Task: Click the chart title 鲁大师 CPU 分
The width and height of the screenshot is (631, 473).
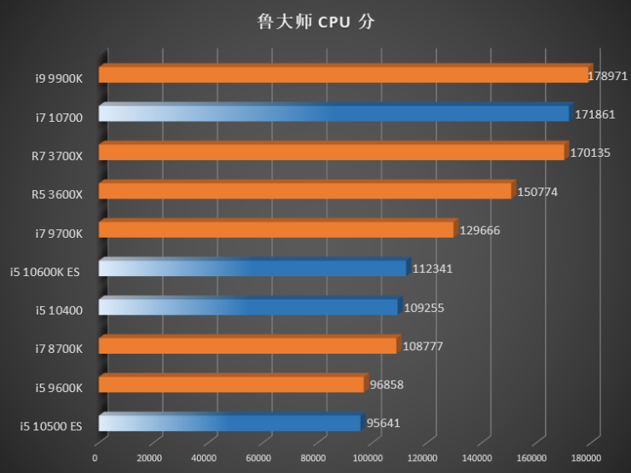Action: pos(315,22)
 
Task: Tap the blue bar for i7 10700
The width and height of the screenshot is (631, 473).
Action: pos(333,114)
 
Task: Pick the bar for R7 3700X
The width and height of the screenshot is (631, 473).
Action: pos(332,153)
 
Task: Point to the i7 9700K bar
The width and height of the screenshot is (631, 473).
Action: pos(276,230)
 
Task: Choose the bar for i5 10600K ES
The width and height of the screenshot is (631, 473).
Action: pos(252,268)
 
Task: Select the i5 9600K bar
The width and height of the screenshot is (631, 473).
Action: pos(231,384)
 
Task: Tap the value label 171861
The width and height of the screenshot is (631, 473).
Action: pos(594,114)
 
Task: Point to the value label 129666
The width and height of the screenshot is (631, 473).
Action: pos(479,230)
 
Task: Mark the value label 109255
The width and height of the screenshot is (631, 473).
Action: pos(424,308)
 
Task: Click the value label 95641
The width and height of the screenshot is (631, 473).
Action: pos(385,423)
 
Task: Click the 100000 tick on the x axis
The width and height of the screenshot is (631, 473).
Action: pos(368,459)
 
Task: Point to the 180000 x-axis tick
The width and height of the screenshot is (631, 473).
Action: pos(587,459)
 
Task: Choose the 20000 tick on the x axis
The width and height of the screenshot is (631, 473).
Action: pos(150,459)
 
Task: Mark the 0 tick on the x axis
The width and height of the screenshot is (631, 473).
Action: pos(96,459)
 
